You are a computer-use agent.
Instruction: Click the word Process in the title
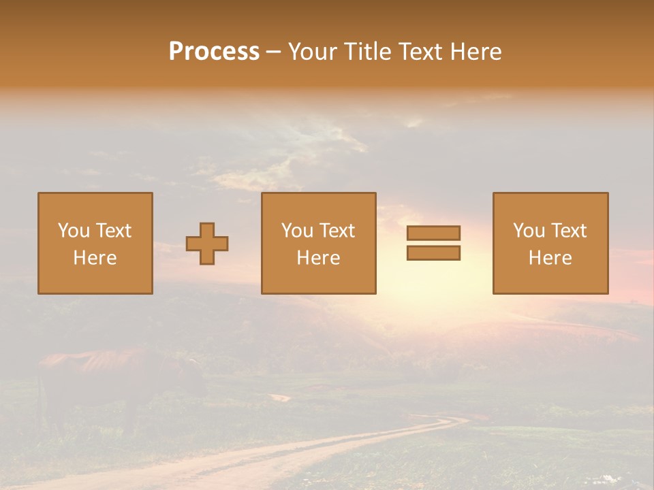(x=214, y=52)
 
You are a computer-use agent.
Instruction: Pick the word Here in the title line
(x=479, y=52)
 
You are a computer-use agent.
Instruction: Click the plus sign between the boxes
(x=207, y=244)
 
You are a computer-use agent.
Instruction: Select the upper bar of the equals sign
(x=433, y=233)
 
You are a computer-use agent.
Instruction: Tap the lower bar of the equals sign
(x=433, y=253)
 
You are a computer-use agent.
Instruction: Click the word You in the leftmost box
(x=74, y=231)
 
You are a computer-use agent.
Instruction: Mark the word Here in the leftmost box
(x=95, y=258)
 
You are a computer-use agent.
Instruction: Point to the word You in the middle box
(x=297, y=231)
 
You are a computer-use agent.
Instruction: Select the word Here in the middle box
(x=318, y=258)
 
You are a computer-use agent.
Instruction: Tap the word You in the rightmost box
(x=529, y=231)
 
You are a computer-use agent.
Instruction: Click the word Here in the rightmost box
(x=550, y=258)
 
